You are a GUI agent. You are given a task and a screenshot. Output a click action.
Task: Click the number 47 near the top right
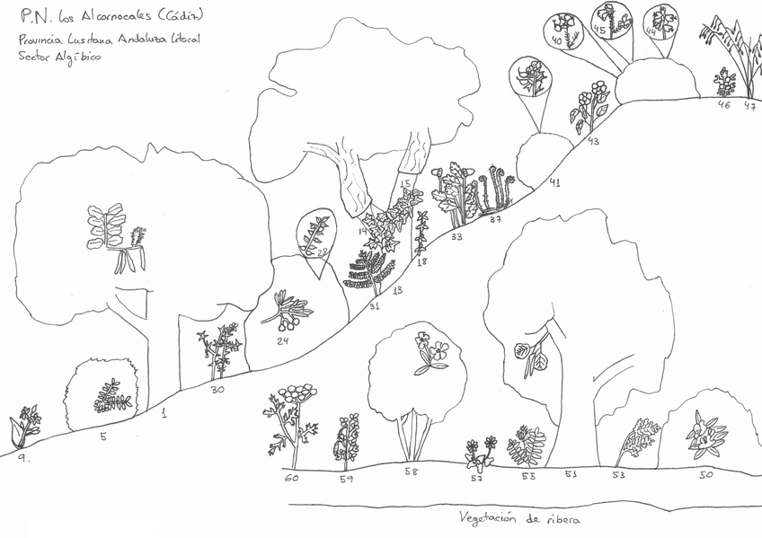tap(749, 105)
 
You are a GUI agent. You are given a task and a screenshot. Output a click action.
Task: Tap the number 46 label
tap(724, 104)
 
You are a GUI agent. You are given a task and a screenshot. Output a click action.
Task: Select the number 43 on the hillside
tap(593, 140)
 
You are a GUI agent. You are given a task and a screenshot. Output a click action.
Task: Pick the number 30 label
tap(217, 389)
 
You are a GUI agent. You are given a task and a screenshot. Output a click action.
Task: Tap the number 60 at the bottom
tap(290, 479)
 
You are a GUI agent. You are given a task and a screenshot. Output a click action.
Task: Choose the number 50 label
tap(706, 473)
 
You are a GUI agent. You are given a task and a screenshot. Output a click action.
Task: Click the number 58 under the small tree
tap(412, 471)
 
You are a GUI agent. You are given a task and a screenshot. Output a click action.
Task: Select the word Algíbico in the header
tap(78, 57)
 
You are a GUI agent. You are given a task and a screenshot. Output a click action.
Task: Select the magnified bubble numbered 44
tap(661, 24)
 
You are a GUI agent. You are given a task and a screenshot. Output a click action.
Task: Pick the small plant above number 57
tap(479, 452)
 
